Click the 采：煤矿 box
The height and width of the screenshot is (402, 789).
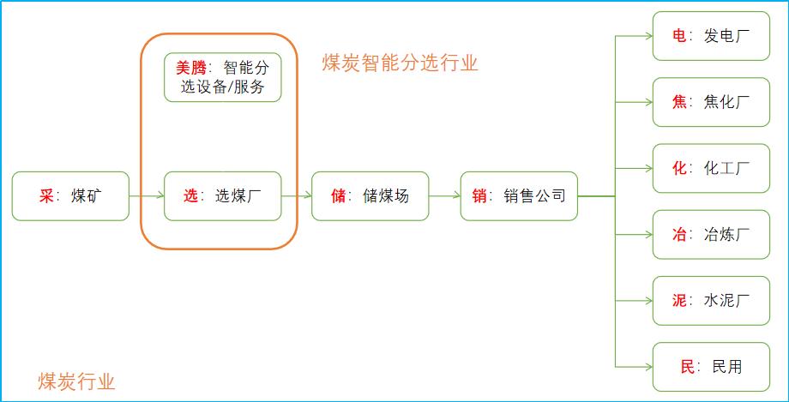pyautogui.click(x=71, y=196)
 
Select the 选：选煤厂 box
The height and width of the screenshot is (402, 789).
pyautogui.click(x=223, y=196)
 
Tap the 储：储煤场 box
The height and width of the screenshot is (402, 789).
pyautogui.click(x=370, y=196)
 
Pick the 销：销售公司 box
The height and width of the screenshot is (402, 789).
pyautogui.click(x=519, y=196)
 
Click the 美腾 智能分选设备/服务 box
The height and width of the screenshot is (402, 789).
pyautogui.click(x=223, y=77)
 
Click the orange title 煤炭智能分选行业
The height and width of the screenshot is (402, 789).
pyautogui.click(x=400, y=63)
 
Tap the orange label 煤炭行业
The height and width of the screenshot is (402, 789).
pyautogui.click(x=76, y=381)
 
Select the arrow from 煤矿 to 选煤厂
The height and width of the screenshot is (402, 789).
pyautogui.click(x=147, y=196)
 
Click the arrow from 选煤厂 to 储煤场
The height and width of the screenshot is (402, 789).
pyautogui.click(x=297, y=196)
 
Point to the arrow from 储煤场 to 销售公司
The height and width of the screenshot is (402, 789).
pyautogui.click(x=444, y=196)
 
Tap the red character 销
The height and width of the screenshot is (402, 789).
pyautogui.click(x=479, y=196)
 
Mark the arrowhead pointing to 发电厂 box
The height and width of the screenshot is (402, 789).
pyautogui.click(x=647, y=36)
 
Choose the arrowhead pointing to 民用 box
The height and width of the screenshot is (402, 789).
pyautogui.click(x=647, y=367)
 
